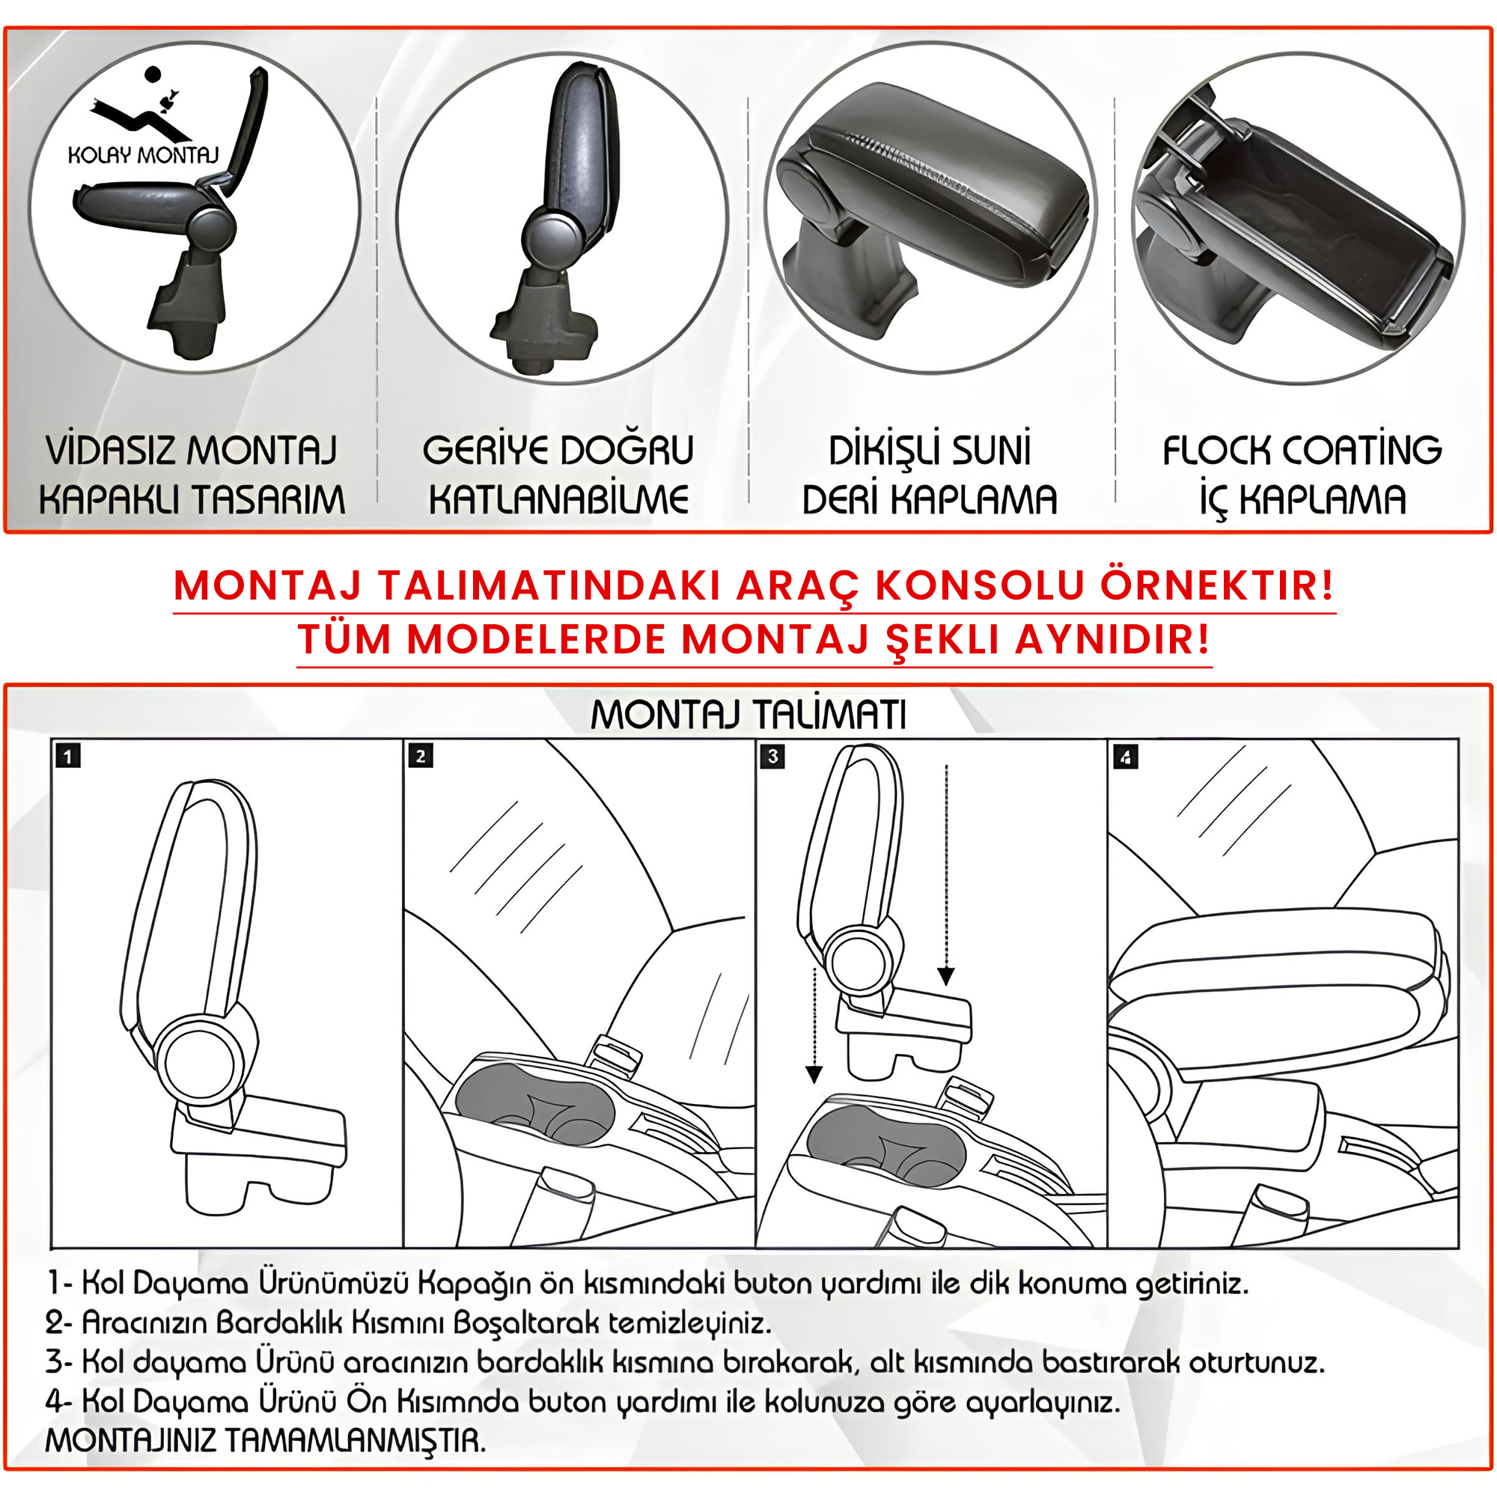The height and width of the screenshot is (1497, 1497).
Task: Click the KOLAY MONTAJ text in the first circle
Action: [144, 155]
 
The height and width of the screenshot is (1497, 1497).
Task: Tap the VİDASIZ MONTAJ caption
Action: [192, 450]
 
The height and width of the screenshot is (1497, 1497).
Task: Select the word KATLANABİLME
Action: [558, 499]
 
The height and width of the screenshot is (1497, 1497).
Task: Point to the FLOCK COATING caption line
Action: [1302, 450]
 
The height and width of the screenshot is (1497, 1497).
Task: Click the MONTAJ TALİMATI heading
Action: [748, 714]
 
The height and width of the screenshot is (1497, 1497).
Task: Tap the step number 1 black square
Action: [68, 755]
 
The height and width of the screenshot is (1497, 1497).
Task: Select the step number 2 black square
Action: [420, 755]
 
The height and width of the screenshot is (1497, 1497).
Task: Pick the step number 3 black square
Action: [772, 755]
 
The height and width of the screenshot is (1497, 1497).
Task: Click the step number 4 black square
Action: [1125, 755]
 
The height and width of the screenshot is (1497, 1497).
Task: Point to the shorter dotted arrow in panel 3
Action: [814, 1025]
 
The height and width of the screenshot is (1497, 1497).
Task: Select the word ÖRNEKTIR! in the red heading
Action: [1217, 585]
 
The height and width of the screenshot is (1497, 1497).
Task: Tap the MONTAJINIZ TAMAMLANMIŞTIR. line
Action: [266, 1440]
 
